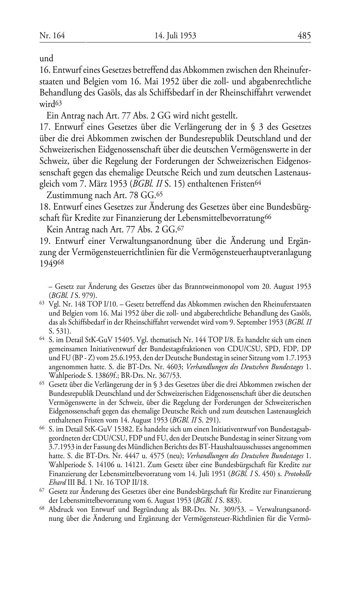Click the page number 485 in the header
[x=304, y=36]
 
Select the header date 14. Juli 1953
[x=175, y=36]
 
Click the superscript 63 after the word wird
[x=59, y=103]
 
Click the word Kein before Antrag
[x=55, y=229]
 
